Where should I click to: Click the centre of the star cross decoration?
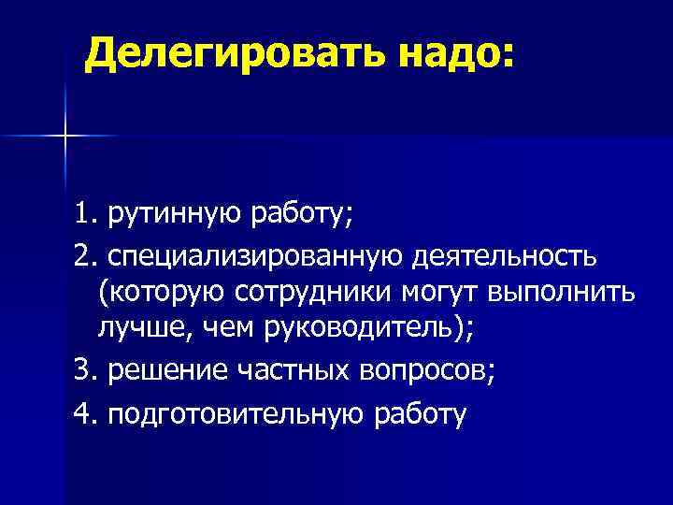click(65, 137)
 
